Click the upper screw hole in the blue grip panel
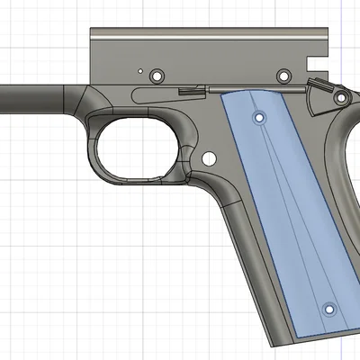[x=260, y=118]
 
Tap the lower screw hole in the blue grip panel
[x=328, y=309]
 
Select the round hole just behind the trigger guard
[x=210, y=158]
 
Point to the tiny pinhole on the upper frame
[x=139, y=69]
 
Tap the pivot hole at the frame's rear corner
[x=341, y=99]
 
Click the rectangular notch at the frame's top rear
[x=315, y=64]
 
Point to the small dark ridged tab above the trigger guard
[x=188, y=90]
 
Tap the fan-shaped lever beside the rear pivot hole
[x=317, y=97]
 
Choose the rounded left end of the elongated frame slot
[x=135, y=94]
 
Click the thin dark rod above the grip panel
[x=252, y=88]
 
